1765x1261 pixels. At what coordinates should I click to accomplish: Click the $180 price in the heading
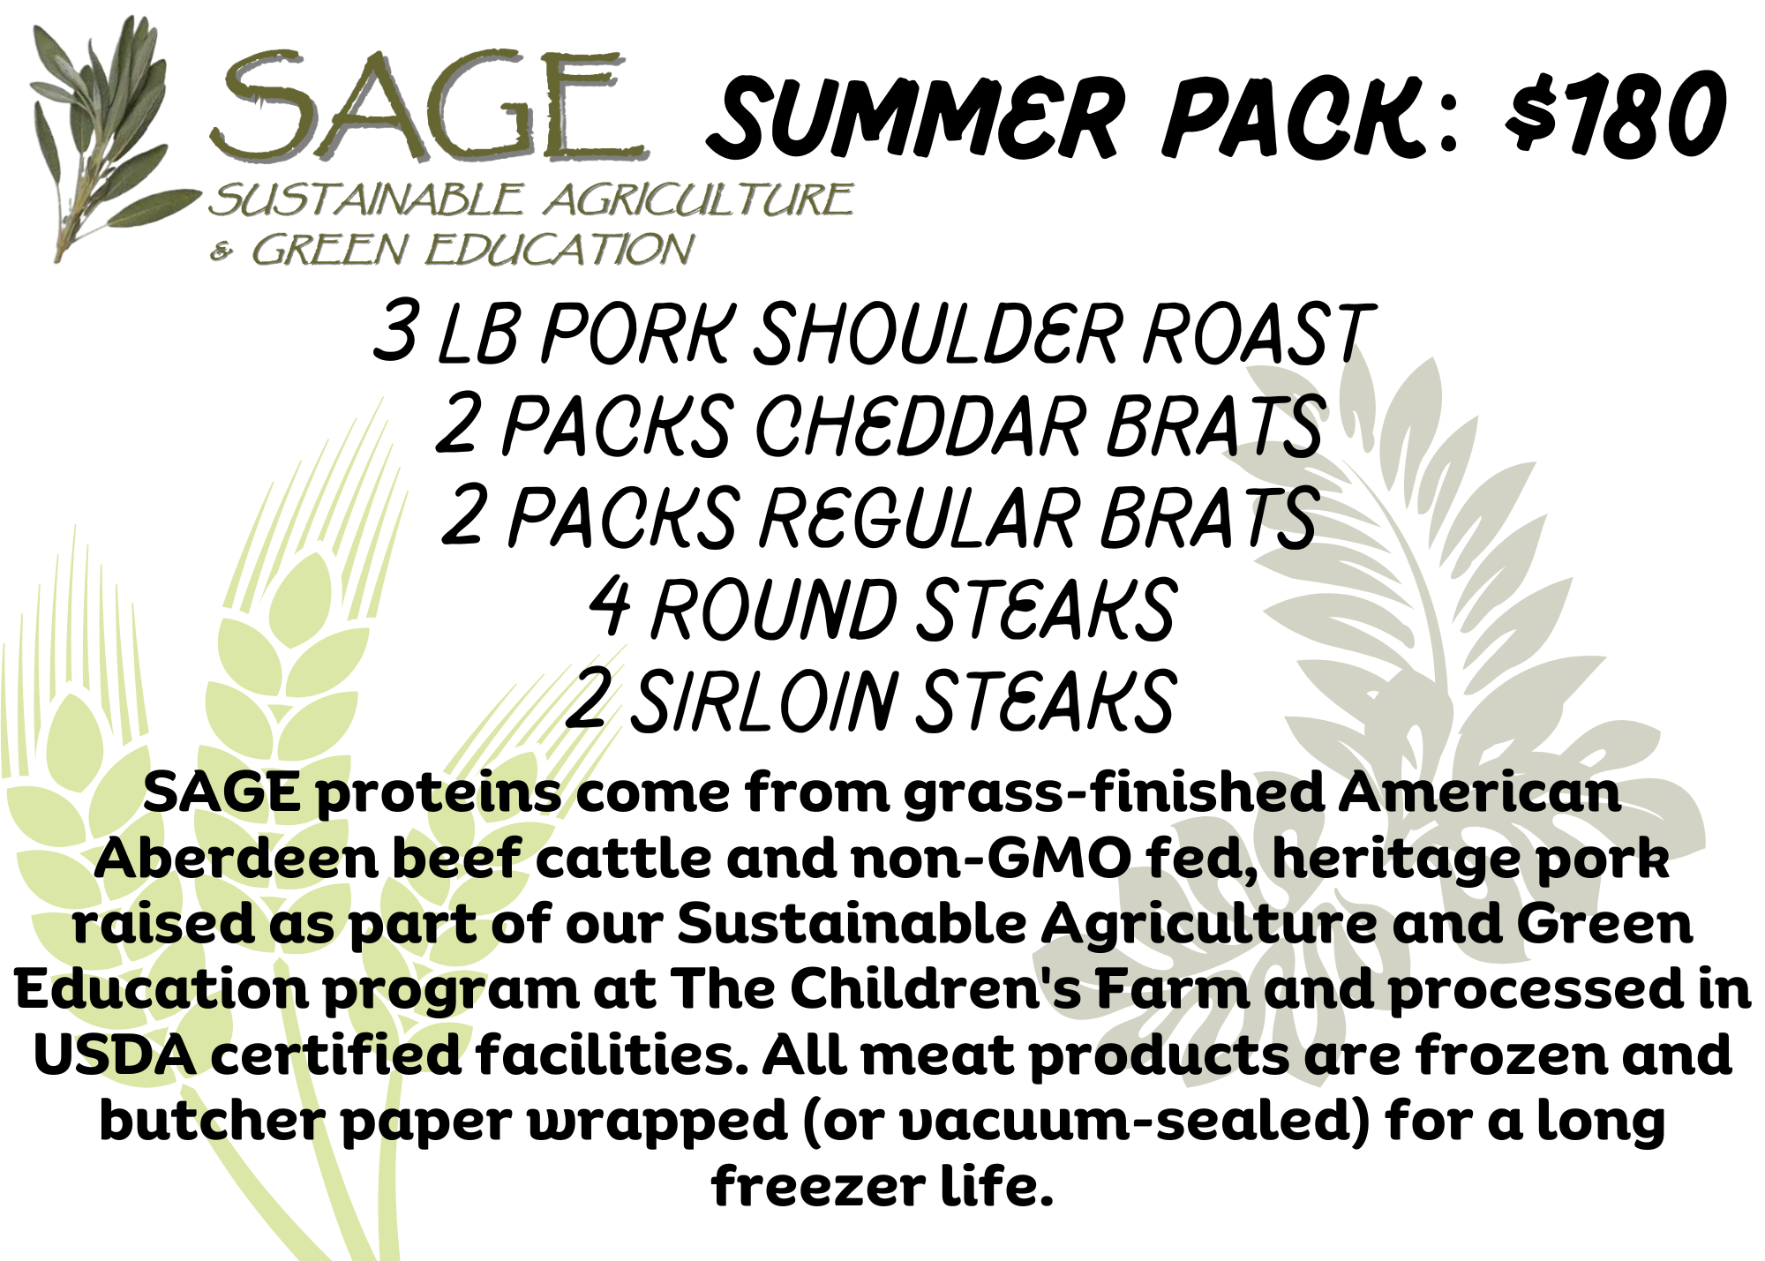click(x=1614, y=116)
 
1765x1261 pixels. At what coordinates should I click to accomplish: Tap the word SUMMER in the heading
click(x=916, y=119)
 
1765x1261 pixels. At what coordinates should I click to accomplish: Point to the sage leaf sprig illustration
click(x=110, y=137)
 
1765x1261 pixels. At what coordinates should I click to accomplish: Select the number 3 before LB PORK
click(x=394, y=331)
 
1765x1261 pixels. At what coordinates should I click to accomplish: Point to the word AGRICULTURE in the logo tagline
click(x=698, y=199)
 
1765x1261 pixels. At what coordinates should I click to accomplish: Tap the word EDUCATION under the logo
click(x=560, y=250)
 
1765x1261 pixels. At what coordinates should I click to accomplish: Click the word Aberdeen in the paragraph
click(x=237, y=858)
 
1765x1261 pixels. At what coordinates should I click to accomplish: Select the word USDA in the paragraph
click(x=115, y=1055)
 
